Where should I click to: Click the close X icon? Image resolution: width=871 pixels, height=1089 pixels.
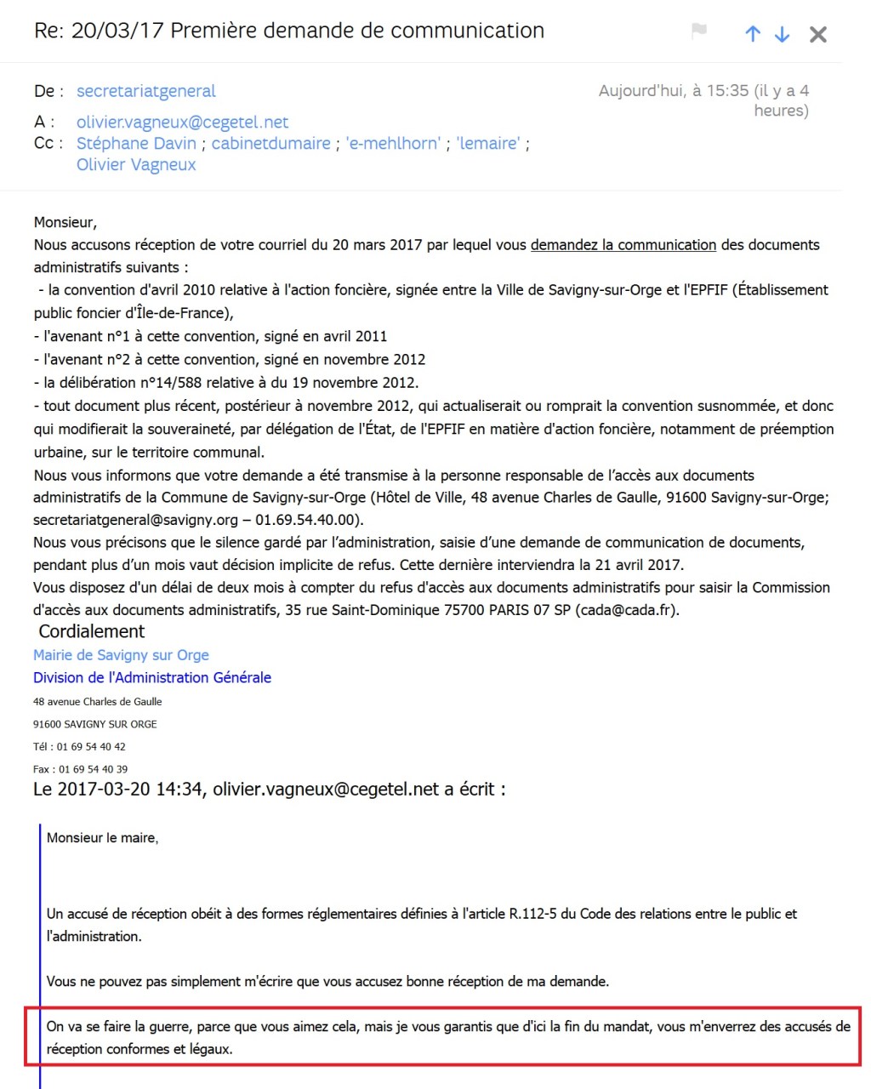[817, 34]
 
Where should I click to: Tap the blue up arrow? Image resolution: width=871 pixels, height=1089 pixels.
[753, 34]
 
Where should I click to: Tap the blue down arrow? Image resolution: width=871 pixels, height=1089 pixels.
[782, 34]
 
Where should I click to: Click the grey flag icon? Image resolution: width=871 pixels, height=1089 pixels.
[699, 31]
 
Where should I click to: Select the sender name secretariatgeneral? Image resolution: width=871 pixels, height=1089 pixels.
[145, 91]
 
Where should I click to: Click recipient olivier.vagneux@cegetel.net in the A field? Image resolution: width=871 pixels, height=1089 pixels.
[182, 122]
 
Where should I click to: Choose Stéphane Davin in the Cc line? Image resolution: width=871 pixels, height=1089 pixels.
[136, 143]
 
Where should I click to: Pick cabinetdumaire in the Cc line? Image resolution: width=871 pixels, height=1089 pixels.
[270, 143]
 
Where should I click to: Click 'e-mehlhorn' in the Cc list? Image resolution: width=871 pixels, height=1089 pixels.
[393, 143]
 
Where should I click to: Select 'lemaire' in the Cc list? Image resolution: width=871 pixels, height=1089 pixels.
[488, 143]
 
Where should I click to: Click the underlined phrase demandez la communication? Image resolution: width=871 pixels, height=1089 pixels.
[623, 245]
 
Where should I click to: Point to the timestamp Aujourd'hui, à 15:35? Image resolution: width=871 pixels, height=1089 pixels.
[674, 91]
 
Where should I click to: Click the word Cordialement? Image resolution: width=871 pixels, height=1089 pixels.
[92, 631]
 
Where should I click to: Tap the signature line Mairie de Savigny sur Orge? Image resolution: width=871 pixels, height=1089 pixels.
[121, 655]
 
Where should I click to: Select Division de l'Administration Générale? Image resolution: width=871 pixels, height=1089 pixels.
[152, 678]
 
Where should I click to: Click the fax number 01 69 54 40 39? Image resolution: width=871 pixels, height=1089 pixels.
[93, 769]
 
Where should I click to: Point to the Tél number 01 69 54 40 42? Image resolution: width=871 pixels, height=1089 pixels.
[91, 747]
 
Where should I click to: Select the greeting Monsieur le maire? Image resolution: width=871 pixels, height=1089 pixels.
[102, 838]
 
